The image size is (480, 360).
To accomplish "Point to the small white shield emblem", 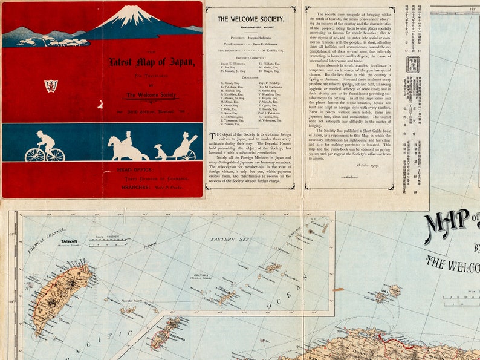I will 51,86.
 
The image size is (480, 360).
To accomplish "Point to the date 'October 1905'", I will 368,165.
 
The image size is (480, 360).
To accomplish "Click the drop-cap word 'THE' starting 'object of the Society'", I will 215,137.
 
